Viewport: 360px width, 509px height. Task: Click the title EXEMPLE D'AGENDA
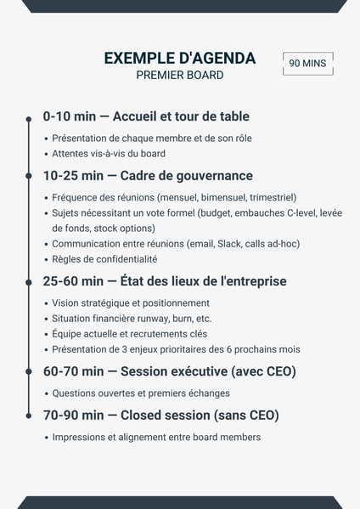coord(179,58)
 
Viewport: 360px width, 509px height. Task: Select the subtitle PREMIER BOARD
coord(179,75)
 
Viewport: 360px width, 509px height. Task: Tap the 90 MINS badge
coord(307,63)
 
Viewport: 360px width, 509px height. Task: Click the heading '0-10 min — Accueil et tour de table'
coord(146,116)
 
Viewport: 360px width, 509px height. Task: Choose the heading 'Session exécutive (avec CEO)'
coord(208,371)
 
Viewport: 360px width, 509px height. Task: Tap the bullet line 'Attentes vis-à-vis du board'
coord(109,154)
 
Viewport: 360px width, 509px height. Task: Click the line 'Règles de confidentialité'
coord(104,259)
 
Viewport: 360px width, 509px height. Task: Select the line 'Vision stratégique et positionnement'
coord(131,303)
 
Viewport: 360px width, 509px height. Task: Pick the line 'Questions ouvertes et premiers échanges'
coord(141,393)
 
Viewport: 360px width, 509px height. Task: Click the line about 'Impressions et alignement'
coord(156,438)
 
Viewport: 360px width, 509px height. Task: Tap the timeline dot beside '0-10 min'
coord(29,117)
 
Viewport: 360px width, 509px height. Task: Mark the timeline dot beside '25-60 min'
coord(29,282)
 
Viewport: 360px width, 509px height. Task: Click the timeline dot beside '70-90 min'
coord(29,416)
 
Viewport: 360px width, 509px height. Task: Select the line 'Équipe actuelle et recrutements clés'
coord(130,334)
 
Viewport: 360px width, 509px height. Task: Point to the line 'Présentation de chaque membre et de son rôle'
coord(152,139)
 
